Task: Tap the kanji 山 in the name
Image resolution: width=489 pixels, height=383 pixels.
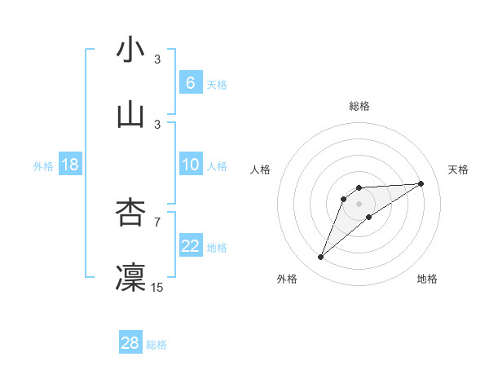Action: tap(130, 115)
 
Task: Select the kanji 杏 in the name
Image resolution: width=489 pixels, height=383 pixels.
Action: tap(130, 213)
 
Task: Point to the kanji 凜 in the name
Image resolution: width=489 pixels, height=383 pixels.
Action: tap(130, 277)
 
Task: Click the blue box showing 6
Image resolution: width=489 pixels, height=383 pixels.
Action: tap(190, 83)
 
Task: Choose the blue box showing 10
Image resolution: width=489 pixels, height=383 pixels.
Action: tap(190, 165)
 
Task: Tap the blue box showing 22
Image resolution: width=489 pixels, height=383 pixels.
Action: tap(190, 247)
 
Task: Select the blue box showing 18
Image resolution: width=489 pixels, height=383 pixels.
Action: tap(70, 165)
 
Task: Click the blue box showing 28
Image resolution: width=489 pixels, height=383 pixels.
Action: tap(130, 343)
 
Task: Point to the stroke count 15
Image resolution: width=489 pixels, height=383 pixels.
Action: tap(156, 287)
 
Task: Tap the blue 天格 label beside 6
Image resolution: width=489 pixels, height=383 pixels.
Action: tap(217, 85)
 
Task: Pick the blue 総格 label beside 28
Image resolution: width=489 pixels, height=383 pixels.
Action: tap(156, 345)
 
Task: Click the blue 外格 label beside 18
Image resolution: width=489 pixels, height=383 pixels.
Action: tap(43, 166)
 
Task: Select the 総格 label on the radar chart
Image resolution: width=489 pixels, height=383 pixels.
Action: tap(359, 107)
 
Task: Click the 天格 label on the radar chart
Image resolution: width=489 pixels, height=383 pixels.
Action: tap(458, 169)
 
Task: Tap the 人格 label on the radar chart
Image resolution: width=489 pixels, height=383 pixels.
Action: tap(261, 169)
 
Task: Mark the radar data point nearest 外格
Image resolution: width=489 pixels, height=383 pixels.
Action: tap(320, 258)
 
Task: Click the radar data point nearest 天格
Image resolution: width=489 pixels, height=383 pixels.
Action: tap(421, 183)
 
